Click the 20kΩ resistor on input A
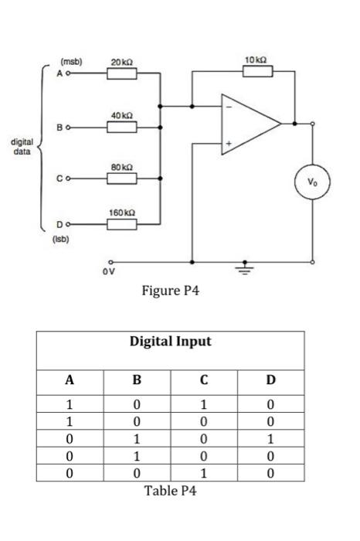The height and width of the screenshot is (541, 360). (121, 74)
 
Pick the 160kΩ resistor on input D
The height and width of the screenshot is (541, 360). (121, 225)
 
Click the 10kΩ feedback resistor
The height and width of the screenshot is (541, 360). (257, 72)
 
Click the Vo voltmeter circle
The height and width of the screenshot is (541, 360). (312, 183)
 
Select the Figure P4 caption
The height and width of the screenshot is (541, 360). (171, 291)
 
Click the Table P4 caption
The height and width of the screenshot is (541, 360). (171, 492)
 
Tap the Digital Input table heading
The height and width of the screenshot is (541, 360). (170, 342)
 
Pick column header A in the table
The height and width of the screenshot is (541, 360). (70, 379)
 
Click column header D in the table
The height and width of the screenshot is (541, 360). (270, 379)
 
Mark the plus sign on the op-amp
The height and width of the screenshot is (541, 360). (228, 144)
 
